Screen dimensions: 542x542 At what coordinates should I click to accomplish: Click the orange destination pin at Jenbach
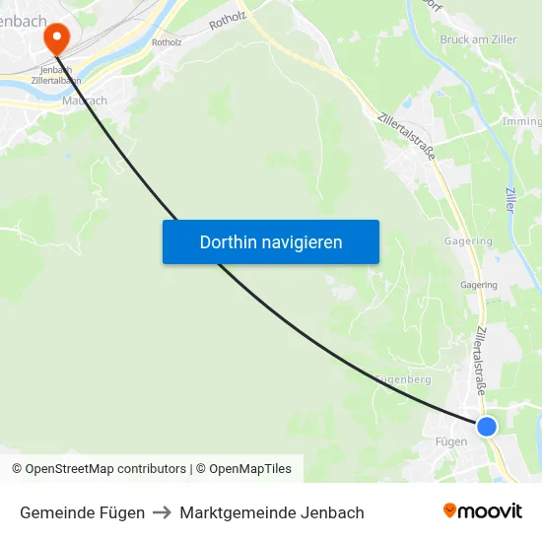[56, 38]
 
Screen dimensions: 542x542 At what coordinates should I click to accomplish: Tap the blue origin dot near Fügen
[487, 426]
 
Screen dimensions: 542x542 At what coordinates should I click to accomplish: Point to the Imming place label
[522, 122]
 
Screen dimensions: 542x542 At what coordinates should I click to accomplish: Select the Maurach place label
[84, 101]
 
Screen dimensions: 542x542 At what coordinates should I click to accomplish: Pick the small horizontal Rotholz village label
[167, 42]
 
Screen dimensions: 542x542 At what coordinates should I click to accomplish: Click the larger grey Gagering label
[468, 241]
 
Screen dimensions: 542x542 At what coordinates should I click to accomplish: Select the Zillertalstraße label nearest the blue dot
[480, 361]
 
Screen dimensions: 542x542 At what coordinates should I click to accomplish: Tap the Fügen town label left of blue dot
[451, 441]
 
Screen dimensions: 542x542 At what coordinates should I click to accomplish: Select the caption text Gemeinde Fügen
[82, 512]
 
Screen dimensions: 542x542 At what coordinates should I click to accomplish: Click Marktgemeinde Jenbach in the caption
[272, 512]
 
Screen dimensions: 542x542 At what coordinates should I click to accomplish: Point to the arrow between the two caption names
[162, 512]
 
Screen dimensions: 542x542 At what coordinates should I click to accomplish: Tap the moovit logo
[483, 510]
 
